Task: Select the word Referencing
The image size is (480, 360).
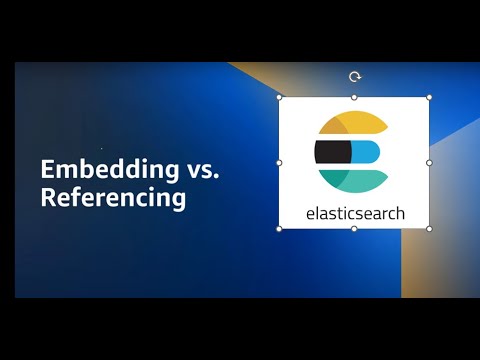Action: coord(113,198)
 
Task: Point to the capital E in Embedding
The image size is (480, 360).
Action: coord(46,169)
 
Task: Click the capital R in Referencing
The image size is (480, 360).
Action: coord(47,198)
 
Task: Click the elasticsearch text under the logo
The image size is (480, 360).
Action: coord(354,212)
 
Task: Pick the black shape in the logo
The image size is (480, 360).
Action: coord(331,151)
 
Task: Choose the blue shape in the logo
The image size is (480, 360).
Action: coord(367,151)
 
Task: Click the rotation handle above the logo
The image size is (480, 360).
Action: coord(354,76)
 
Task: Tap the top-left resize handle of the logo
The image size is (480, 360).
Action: coord(279,97)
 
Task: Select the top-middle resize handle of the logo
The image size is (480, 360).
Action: coord(354,97)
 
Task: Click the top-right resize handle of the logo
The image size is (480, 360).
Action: coord(429,97)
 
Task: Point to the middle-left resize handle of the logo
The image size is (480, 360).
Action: coord(279,162)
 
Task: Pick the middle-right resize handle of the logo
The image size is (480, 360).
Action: coord(429,162)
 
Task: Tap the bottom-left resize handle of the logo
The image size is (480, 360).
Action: coord(279,228)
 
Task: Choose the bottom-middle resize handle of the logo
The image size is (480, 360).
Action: coord(354,228)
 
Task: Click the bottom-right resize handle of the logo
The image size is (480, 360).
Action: coord(429,228)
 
